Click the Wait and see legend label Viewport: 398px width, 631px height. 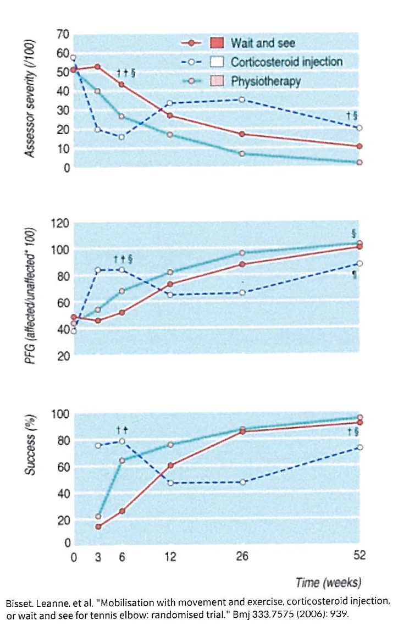click(263, 43)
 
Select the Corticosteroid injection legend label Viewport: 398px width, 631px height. click(286, 62)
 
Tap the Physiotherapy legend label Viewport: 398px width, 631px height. click(266, 82)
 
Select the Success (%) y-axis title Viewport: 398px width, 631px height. click(30, 444)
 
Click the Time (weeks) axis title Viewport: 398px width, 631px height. click(328, 582)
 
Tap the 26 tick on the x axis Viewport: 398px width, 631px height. click(242, 556)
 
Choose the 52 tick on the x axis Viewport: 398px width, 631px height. click(360, 555)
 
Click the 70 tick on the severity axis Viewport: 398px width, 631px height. click(63, 35)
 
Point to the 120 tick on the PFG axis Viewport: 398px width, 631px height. click(60, 223)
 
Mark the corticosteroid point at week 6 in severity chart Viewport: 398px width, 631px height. click(121, 137)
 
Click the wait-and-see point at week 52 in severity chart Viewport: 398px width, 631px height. click(360, 146)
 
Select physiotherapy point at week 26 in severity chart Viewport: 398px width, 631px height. click(242, 154)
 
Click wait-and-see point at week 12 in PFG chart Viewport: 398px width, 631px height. click(170, 284)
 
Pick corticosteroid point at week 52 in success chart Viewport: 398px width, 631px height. click(360, 447)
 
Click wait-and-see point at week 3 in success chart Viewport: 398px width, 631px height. click(98, 527)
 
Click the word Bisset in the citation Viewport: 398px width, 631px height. click(19, 604)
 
